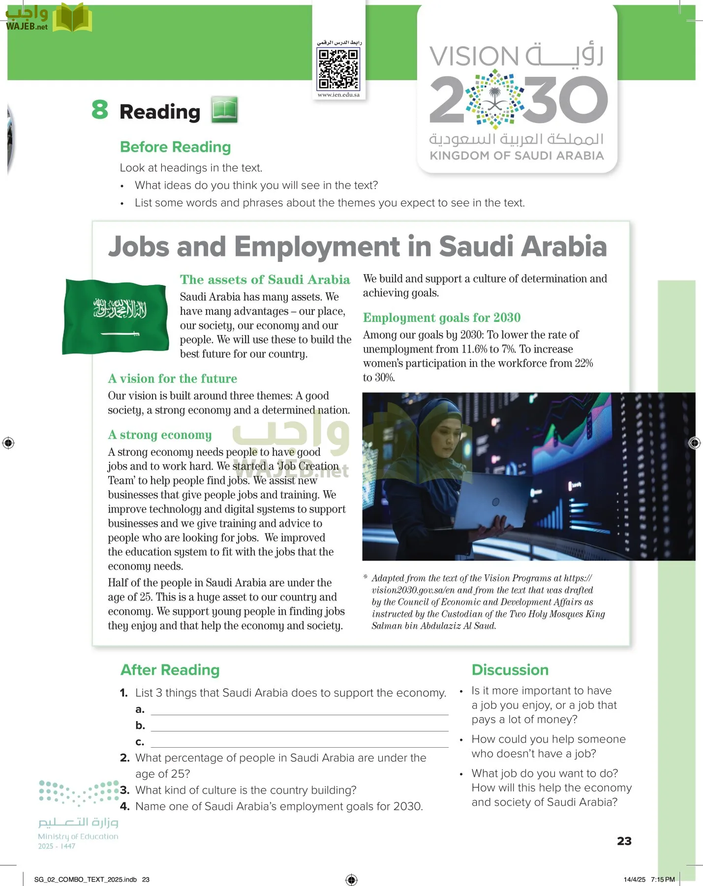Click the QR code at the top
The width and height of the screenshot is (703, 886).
point(338,69)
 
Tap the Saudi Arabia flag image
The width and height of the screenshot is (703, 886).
point(116,316)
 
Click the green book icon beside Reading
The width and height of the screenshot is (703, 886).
point(225,109)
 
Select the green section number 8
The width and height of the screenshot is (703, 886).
point(100,109)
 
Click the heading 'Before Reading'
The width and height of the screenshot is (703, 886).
point(175,147)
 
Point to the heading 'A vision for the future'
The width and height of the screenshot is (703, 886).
point(172,379)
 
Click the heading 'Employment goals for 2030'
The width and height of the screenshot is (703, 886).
point(441,318)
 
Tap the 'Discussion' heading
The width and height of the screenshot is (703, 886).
point(510,670)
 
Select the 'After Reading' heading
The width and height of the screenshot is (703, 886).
point(170,670)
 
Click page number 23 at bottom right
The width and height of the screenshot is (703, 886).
point(624,841)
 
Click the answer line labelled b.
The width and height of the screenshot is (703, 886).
point(299,726)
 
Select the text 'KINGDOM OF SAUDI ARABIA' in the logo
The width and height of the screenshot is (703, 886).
point(517,156)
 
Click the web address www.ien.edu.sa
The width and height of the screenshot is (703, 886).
point(338,95)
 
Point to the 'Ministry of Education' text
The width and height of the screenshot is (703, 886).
point(78,836)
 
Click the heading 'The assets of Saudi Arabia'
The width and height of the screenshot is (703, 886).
point(265,280)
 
